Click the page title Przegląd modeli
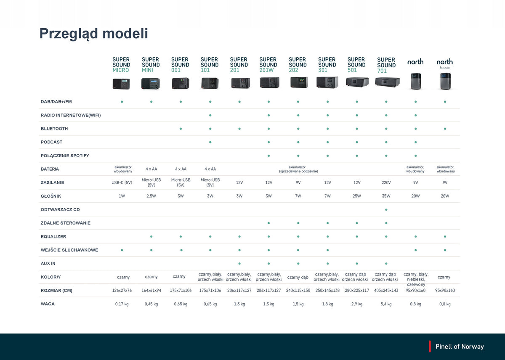(93, 34)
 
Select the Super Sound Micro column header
(121, 65)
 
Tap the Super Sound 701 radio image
(387, 82)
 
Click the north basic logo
(444, 64)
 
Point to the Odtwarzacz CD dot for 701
(386, 210)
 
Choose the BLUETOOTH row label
(54, 129)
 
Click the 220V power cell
(386, 183)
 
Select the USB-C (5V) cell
(122, 183)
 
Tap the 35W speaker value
(386, 196)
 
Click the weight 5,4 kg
(386, 304)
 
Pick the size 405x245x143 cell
(386, 290)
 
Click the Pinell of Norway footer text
(460, 347)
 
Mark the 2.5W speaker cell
(151, 196)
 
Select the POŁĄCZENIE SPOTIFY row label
(65, 156)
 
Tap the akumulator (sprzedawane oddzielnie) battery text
(298, 169)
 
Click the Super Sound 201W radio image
(270, 82)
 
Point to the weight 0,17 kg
(122, 304)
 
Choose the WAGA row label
(48, 304)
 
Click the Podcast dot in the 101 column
(210, 142)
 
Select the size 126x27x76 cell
(122, 290)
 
